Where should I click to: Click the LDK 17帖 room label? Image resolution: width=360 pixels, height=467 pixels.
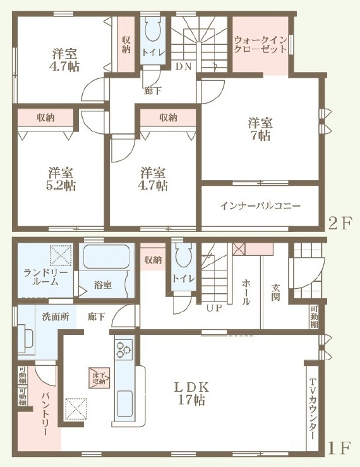(191, 394)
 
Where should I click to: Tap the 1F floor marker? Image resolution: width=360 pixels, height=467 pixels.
(339, 447)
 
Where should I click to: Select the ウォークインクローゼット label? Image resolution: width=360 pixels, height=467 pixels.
(260, 44)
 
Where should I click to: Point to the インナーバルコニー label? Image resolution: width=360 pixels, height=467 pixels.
(260, 206)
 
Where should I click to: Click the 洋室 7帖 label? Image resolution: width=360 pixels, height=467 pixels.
(260, 129)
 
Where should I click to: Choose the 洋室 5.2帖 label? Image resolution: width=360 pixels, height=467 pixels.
(61, 179)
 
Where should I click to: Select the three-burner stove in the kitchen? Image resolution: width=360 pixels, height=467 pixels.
(124, 349)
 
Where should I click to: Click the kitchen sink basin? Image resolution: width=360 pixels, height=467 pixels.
(124, 404)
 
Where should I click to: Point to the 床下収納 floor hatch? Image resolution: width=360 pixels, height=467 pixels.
(99, 378)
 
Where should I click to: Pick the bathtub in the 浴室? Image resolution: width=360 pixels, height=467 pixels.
(106, 257)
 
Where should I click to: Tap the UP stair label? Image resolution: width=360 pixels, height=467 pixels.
(214, 308)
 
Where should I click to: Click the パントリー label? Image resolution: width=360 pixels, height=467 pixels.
(45, 415)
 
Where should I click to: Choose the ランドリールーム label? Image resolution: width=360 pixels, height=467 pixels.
(45, 277)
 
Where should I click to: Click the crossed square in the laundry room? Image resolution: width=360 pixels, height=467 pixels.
(61, 255)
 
